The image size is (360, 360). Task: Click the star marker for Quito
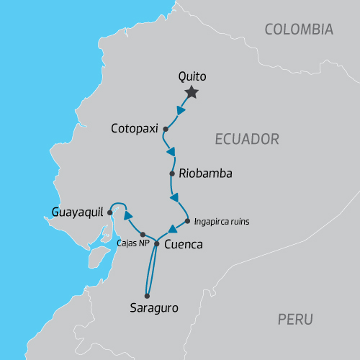coord(192,92)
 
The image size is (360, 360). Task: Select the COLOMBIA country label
coord(299,30)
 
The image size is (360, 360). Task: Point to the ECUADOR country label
coord(246,139)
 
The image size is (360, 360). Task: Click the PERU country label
coord(295,319)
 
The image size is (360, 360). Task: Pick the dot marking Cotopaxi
coord(166,130)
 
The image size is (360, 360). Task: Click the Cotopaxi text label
coord(135,129)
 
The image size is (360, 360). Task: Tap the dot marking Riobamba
coord(172,174)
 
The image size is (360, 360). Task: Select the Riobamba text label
coord(205,174)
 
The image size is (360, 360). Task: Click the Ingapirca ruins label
coord(222,222)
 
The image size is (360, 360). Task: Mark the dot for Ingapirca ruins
coord(187,221)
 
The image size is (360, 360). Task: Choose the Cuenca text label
coord(184,245)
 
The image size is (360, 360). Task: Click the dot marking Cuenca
coord(156,244)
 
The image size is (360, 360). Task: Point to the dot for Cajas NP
coord(143,235)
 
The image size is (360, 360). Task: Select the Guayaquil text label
coord(78,212)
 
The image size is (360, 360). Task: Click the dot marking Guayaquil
coord(109,212)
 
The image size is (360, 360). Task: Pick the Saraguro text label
coord(153,308)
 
